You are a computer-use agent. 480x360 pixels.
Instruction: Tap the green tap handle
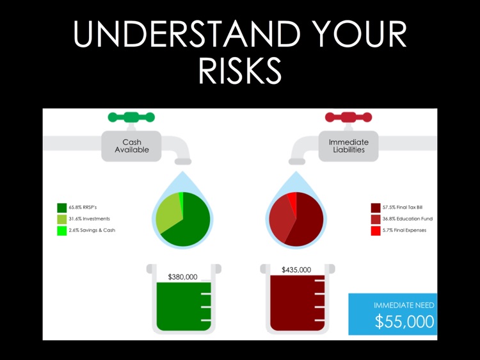tap(131, 117)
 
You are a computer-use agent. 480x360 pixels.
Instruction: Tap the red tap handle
tap(349, 117)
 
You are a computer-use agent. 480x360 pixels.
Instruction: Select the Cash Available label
tap(131, 146)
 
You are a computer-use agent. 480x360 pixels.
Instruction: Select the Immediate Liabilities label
tap(349, 146)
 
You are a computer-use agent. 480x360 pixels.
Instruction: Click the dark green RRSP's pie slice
tap(192, 224)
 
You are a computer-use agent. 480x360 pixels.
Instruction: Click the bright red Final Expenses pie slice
tap(292, 198)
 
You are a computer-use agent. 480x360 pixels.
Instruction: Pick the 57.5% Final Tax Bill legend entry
tap(400, 208)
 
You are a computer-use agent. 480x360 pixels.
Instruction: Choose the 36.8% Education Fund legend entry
tap(403, 219)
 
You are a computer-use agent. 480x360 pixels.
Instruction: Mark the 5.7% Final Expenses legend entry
tap(402, 231)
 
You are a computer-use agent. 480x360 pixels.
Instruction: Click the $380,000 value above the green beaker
tap(182, 277)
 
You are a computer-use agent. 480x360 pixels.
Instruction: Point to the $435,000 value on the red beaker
tap(296, 270)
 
